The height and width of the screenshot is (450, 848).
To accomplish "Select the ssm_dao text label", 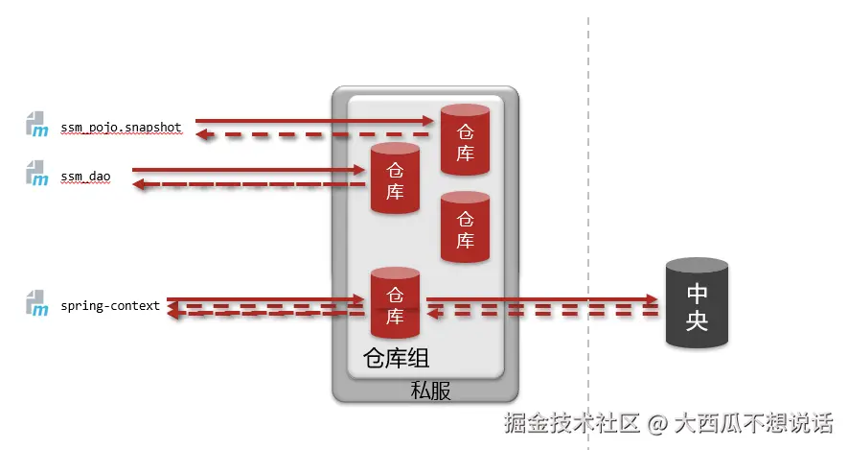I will (x=86, y=176).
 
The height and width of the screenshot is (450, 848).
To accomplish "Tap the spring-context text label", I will (x=110, y=306).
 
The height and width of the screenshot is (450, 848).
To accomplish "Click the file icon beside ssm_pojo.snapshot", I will (x=36, y=125).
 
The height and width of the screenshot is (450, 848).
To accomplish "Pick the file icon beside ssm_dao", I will (x=36, y=174).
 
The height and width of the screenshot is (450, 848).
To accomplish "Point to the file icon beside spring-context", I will (x=36, y=305).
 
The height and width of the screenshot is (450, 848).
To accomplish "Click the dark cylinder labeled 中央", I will (x=697, y=304).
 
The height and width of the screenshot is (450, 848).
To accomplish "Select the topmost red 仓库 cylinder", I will (x=465, y=140).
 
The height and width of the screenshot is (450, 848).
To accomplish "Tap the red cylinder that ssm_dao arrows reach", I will (x=395, y=178).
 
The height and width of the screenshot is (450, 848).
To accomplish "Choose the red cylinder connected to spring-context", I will (x=395, y=302).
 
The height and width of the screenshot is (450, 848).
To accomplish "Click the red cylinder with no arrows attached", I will (x=465, y=226).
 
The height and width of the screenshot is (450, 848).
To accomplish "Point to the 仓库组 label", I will (x=396, y=359).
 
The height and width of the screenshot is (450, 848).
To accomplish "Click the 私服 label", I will (x=430, y=391).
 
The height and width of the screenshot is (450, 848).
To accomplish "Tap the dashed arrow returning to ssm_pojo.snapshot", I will (x=316, y=135).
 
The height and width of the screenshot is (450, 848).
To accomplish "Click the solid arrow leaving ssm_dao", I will (x=248, y=170).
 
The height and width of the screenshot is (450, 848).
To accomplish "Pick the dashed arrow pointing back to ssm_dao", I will (x=248, y=183).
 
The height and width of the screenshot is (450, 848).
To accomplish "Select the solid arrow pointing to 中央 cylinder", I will (x=542, y=300).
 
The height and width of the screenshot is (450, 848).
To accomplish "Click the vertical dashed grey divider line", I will (x=588, y=192).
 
